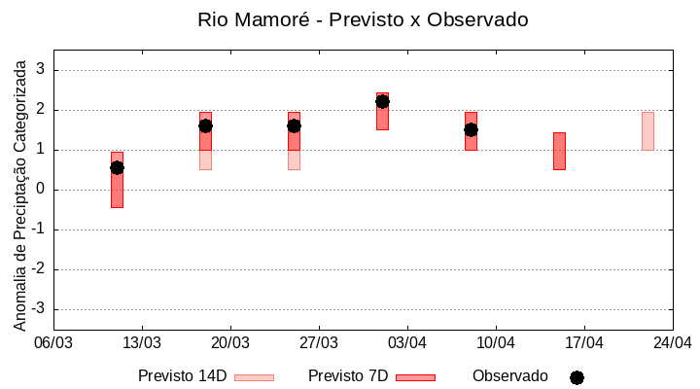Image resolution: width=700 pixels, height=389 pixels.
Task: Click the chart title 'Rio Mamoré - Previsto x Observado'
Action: [x=363, y=19]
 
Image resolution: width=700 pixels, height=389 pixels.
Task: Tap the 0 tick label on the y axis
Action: [x=40, y=190]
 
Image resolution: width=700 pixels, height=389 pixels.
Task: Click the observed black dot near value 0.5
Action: [x=117, y=167]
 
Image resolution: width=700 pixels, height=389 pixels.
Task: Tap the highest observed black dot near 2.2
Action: [x=382, y=101]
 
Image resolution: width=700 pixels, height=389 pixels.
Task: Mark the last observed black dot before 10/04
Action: [x=471, y=129]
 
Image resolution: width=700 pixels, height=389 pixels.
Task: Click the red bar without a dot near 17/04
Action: [x=559, y=151]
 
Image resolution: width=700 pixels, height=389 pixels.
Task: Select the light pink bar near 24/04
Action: [x=647, y=131]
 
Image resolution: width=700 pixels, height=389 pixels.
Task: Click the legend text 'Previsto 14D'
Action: [x=182, y=376]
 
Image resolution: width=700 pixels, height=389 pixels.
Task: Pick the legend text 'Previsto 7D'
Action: [x=348, y=376]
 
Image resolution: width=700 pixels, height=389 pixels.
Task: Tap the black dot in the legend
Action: [x=577, y=377]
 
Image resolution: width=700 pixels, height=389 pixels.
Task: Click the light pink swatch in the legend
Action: [x=254, y=377]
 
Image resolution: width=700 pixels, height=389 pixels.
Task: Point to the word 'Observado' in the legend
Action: [x=510, y=376]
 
